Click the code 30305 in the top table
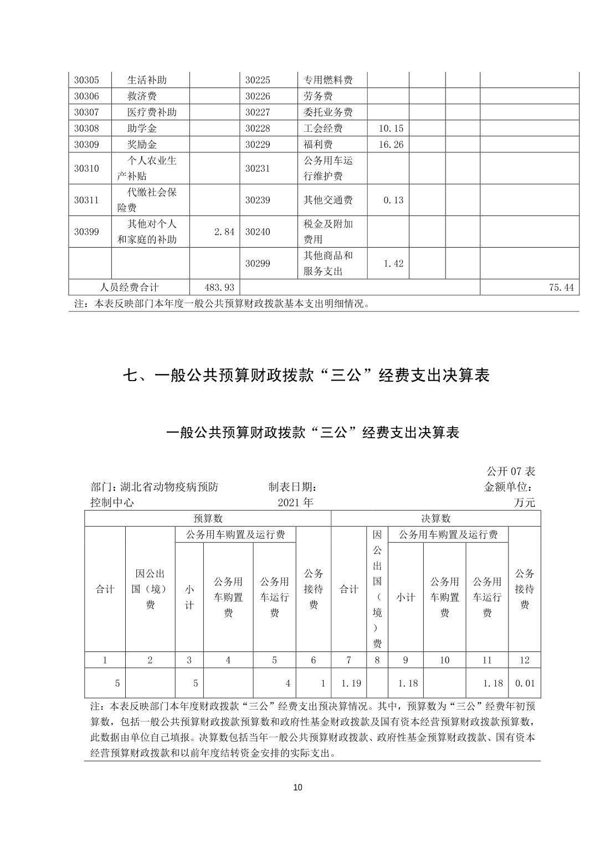tap(86, 80)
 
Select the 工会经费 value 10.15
tap(391, 129)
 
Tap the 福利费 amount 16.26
tap(391, 145)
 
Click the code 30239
tap(258, 200)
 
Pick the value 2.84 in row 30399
tap(224, 232)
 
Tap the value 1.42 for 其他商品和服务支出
tap(393, 264)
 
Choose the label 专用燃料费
tap(328, 80)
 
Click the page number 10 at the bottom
tap(297, 788)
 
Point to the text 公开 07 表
tap(510, 471)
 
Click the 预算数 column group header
tap(208, 518)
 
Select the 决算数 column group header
tap(436, 518)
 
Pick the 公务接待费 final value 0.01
tap(525, 683)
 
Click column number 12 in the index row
tap(525, 660)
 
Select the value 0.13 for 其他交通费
tap(393, 200)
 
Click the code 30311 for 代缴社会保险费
tap(86, 200)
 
